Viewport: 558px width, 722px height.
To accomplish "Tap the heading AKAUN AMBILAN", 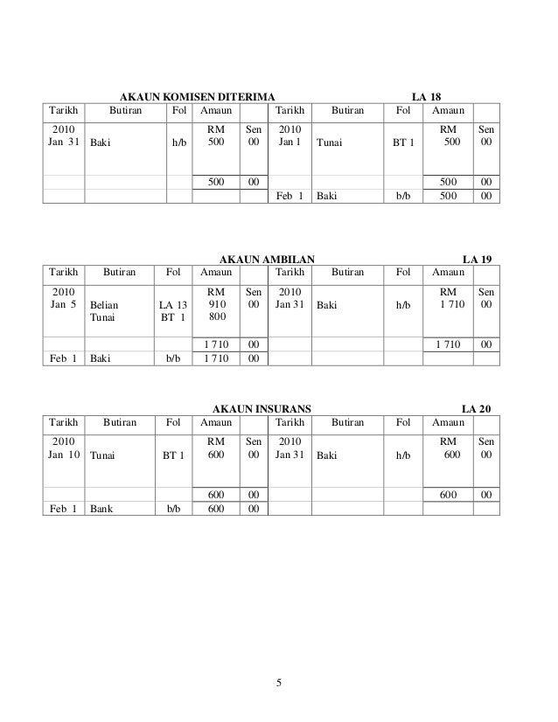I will pyautogui.click(x=266, y=259).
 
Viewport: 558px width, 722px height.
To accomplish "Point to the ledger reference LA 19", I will pyautogui.click(x=477, y=259).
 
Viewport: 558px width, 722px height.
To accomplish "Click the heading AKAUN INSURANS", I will pyautogui.click(x=261, y=407).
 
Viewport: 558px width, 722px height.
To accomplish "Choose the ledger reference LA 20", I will pyautogui.click(x=477, y=407).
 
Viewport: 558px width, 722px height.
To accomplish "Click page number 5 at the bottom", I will pyautogui.click(x=278, y=683).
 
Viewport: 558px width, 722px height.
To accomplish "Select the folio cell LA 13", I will pyautogui.click(x=171, y=305).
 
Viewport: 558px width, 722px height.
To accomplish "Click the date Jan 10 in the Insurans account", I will pyautogui.click(x=63, y=455).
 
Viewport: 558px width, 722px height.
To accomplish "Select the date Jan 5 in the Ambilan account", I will pyautogui.click(x=63, y=305).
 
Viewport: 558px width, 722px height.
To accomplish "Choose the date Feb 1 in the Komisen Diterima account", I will pyautogui.click(x=289, y=197).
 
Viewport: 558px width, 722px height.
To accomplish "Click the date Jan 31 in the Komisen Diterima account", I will pyautogui.click(x=63, y=141).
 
